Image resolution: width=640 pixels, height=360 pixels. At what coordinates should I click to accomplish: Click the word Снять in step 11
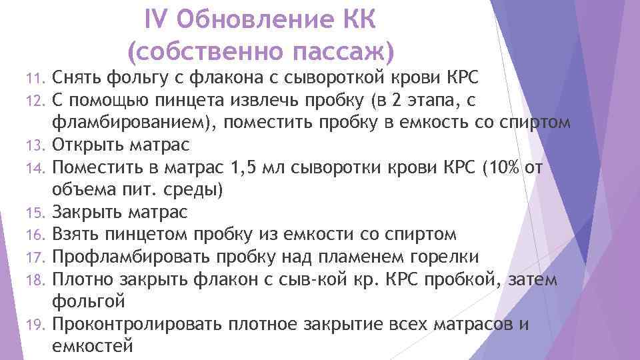pos(77,79)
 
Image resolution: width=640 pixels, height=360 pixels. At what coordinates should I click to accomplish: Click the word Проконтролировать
pos(137,325)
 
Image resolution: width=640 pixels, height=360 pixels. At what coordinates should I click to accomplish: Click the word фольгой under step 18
pos(87,301)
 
